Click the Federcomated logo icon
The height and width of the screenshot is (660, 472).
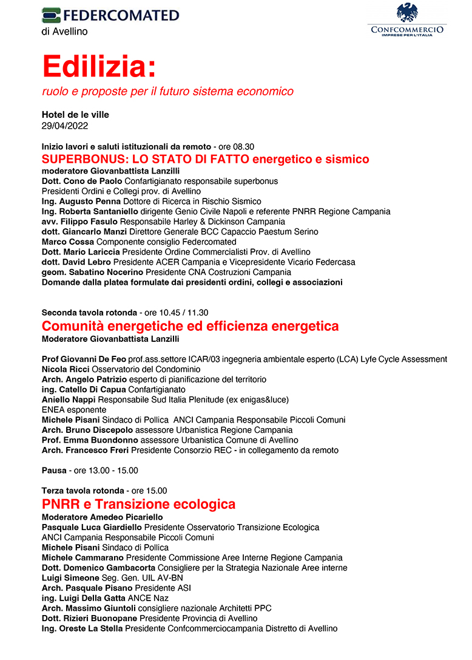[52, 15]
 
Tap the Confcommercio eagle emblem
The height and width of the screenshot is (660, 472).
[406, 13]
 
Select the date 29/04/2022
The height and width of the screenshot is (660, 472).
[65, 126]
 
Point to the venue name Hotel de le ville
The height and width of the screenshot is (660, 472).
[75, 115]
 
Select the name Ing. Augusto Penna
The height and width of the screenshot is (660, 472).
[81, 201]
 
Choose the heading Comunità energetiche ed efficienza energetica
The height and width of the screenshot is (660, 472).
[190, 326]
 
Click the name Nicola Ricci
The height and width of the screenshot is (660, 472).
[66, 369]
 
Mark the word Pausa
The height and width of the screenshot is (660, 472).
[54, 470]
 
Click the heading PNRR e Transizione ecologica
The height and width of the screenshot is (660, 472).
[138, 504]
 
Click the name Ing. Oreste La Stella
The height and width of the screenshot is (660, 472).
[83, 628]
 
